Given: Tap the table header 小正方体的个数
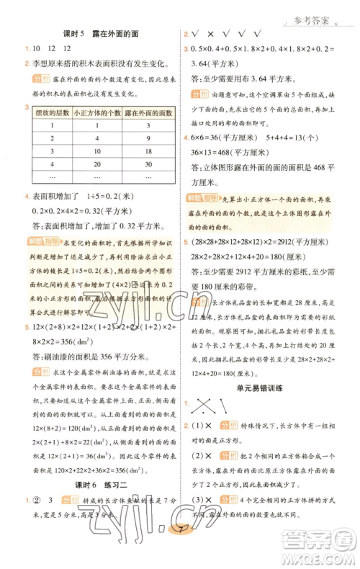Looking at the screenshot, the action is pos(102,112).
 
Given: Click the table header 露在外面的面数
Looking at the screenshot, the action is pos(149,112).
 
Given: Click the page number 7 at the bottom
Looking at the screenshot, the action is pos(181,552).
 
